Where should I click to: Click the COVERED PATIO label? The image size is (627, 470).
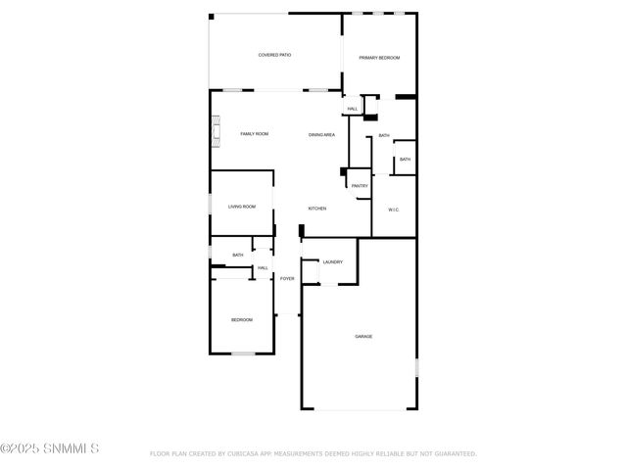coord(274,55)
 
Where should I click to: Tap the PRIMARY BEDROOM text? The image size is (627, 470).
coord(379,58)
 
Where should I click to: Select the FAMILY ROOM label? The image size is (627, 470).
coord(255,133)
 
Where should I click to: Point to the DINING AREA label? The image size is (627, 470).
coord(322,134)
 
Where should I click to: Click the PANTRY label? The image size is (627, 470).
coord(360,185)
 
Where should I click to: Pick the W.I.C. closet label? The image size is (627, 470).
coord(393,209)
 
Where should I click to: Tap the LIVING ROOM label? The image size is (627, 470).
coord(242,207)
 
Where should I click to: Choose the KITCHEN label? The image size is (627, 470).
coord(317,209)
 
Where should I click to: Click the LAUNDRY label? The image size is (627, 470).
coord(332,261)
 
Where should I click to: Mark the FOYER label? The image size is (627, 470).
coord(287,279)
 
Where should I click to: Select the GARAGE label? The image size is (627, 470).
coord(363,336)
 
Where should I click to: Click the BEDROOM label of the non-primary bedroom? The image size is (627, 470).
coord(242,320)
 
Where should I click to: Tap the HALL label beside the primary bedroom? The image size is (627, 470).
coord(352,109)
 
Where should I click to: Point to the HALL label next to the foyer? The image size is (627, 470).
coord(263,267)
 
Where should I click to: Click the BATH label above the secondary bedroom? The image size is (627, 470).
coord(238,256)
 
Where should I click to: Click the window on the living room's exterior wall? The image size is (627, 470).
coord(210,204)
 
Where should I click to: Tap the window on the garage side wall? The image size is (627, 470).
coord(416,368)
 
